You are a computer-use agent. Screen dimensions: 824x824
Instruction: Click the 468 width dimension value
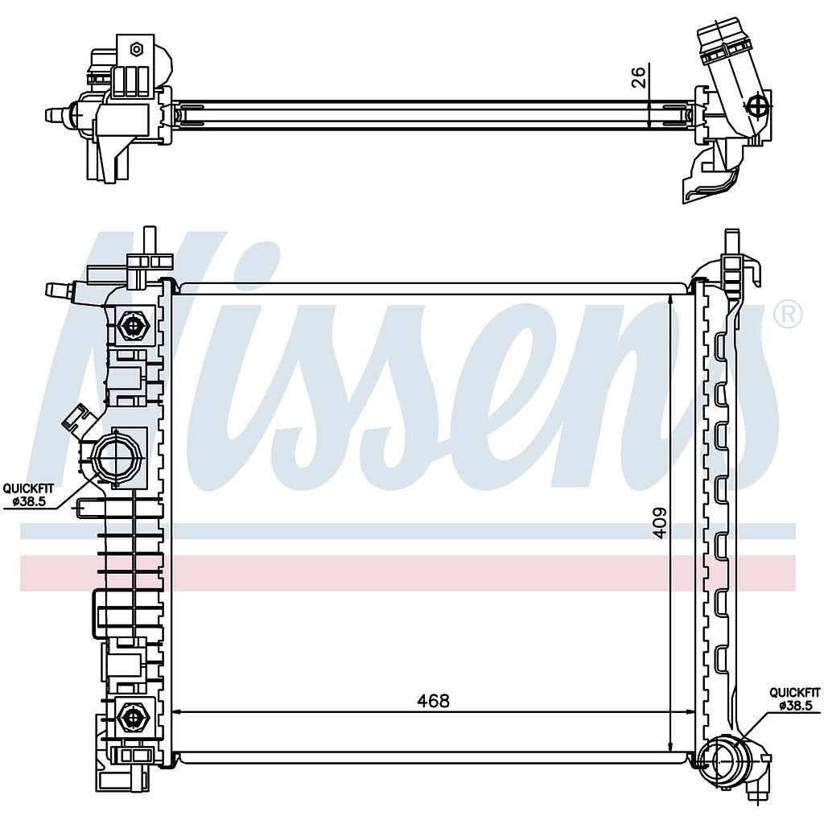[x=434, y=701]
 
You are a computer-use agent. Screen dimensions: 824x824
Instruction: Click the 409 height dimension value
[x=660, y=522]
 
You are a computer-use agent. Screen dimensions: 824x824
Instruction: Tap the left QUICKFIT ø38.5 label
[x=28, y=494]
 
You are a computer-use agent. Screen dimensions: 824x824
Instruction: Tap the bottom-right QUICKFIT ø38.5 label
[x=794, y=699]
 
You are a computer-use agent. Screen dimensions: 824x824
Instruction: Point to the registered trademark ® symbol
[x=789, y=315]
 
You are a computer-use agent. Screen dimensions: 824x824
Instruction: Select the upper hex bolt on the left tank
[x=135, y=327]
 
